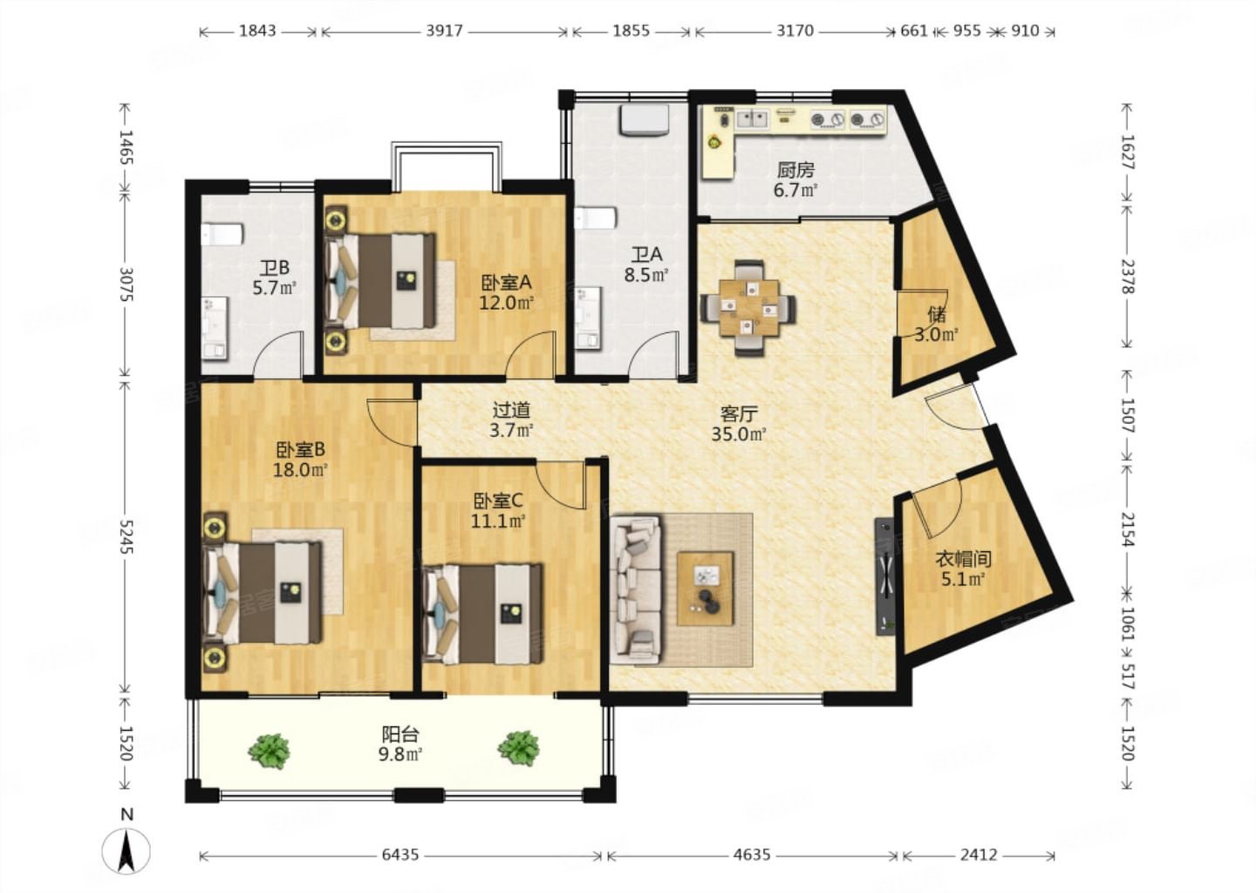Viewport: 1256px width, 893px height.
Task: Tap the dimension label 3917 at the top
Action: click(x=444, y=31)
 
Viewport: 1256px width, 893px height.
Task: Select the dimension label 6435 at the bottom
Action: click(x=400, y=855)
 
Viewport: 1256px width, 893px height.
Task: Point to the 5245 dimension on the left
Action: click(x=126, y=537)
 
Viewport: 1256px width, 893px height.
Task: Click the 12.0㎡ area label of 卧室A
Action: click(x=506, y=303)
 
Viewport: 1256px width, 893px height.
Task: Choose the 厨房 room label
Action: click(x=795, y=170)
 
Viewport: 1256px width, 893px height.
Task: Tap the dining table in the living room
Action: click(x=748, y=308)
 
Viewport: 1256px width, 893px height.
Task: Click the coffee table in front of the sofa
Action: click(x=706, y=589)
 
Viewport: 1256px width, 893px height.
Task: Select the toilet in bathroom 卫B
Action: click(x=222, y=235)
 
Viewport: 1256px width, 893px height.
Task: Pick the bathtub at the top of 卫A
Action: click(x=644, y=119)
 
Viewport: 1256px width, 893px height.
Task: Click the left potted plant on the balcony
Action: click(x=270, y=750)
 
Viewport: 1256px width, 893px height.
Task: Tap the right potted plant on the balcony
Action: click(x=519, y=748)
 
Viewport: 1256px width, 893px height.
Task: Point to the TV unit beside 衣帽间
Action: click(x=884, y=576)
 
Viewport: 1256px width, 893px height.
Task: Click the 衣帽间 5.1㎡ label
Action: click(x=963, y=569)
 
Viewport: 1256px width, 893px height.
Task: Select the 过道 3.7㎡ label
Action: click(x=512, y=420)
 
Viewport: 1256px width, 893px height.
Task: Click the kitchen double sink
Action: click(x=752, y=119)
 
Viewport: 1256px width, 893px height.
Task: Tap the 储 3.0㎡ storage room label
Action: click(x=936, y=324)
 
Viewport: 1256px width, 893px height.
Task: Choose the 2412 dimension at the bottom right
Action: click(x=979, y=855)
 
